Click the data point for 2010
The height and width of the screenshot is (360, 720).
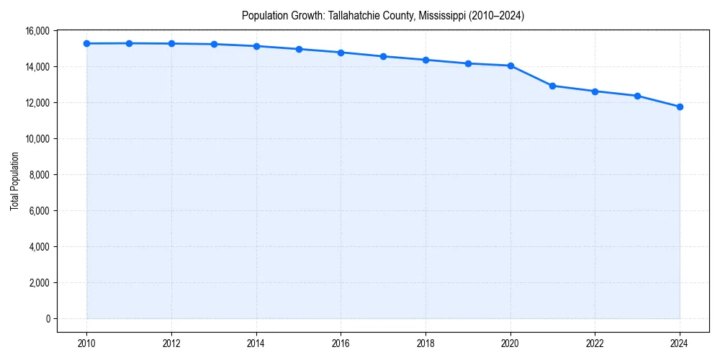(86, 43)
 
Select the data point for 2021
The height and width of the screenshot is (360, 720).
(552, 86)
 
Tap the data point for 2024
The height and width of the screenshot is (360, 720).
(680, 107)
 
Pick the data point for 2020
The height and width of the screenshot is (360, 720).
(510, 66)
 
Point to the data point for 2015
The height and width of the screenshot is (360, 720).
(299, 49)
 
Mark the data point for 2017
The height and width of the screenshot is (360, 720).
(383, 56)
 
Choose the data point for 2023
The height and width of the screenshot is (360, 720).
(637, 96)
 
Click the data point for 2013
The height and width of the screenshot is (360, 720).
(214, 44)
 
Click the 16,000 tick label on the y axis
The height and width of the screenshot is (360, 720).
(37, 31)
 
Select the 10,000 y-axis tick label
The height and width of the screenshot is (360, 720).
(37, 139)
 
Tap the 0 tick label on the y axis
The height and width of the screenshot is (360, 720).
(48, 319)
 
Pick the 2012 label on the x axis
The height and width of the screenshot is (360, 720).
(171, 343)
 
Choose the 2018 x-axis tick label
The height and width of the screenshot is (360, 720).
(426, 343)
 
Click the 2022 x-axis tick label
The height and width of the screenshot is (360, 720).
(595, 343)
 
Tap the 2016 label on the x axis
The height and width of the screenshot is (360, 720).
(341, 343)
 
